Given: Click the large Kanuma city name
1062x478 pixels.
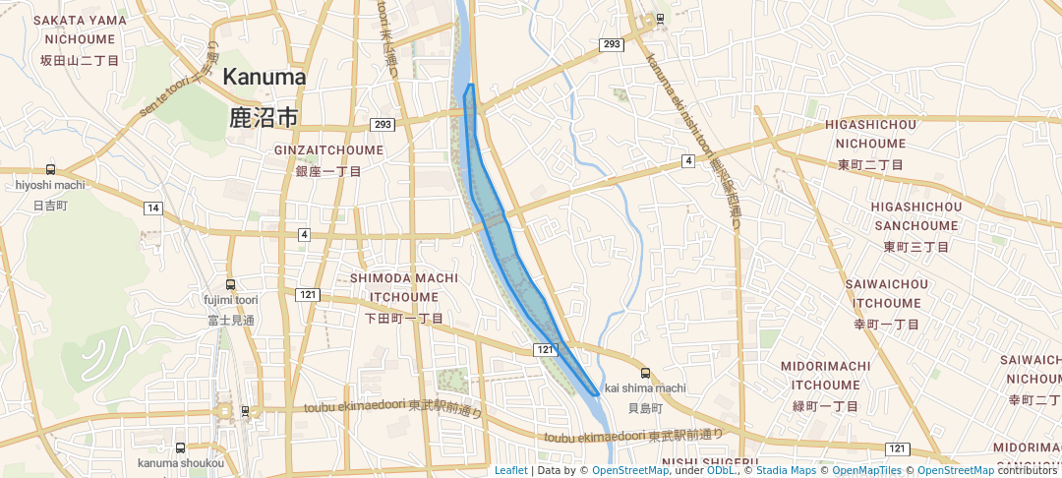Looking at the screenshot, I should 265,77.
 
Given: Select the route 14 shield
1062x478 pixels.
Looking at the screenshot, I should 152,208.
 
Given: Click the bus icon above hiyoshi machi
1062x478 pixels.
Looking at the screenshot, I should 50,169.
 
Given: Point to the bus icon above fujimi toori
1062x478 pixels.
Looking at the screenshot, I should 231,284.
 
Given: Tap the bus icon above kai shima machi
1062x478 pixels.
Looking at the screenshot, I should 645,373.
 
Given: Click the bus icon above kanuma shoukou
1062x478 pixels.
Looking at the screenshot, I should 180,448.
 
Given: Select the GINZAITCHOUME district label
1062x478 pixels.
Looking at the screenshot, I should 328,150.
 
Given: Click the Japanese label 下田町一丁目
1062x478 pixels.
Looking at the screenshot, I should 404,319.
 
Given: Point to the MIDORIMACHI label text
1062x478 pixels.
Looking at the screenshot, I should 825,366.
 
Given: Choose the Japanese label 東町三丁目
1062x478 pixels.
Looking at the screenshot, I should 916,247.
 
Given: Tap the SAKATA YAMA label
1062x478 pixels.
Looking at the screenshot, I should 79,20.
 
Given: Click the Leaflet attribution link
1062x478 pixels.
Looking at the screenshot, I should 510,470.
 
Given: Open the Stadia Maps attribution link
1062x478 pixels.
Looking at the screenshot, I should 786,470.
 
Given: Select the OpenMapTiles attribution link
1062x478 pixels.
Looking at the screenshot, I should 867,470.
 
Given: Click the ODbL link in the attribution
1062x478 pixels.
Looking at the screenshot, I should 722,470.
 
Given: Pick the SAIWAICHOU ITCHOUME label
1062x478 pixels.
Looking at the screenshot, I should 886,293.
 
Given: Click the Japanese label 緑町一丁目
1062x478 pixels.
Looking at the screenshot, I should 826,406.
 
